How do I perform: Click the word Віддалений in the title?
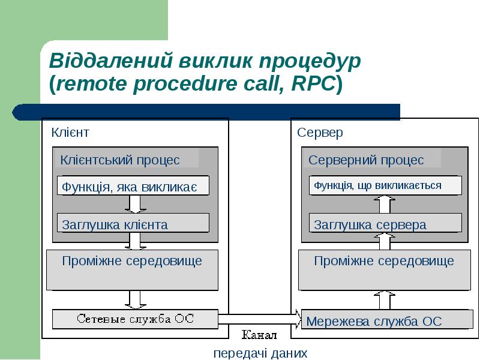[111, 61]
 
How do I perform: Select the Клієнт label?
[70, 133]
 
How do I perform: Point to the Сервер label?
[320, 133]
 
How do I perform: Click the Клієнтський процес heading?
[120, 160]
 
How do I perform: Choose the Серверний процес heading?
[366, 160]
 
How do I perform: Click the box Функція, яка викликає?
[133, 185]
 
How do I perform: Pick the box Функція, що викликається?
[385, 185]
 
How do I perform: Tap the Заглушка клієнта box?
[133, 223]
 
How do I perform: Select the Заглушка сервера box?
[385, 223]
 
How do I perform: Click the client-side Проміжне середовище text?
[132, 261]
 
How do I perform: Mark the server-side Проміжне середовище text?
[384, 261]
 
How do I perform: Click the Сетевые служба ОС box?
[136, 319]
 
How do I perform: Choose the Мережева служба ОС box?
[387, 320]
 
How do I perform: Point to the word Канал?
[259, 335]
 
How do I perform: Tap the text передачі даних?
[260, 353]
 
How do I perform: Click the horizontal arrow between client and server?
[260, 319]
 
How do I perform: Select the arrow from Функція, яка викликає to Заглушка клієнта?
[136, 204]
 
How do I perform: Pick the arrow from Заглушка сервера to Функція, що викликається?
[385, 205]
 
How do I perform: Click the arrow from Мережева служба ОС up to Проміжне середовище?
[385, 300]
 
